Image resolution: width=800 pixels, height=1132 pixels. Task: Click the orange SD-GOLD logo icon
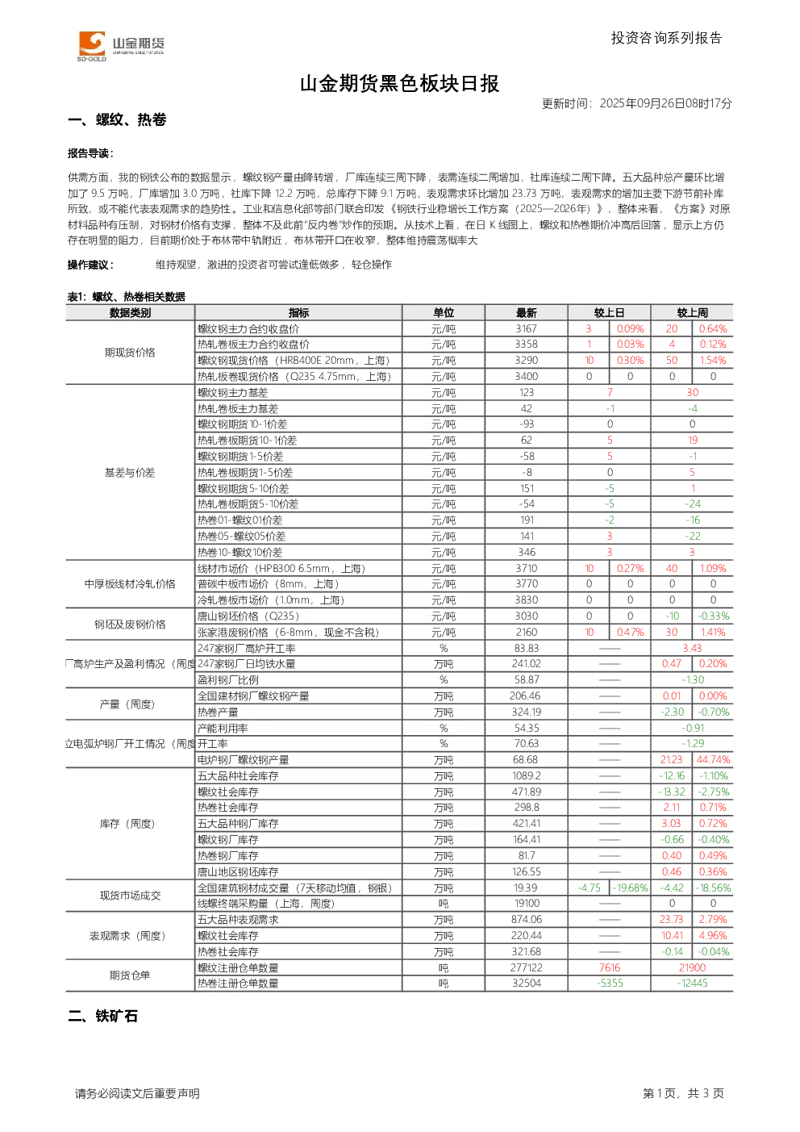92,44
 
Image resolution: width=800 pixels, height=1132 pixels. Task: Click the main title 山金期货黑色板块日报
399,84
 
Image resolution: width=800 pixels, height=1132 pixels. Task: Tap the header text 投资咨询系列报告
666,38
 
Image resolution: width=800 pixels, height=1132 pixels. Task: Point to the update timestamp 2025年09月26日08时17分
665,103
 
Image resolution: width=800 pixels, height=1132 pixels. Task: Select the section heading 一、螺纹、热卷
117,119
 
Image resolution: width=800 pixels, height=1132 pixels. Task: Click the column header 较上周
692,313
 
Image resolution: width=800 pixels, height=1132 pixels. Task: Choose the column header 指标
298,313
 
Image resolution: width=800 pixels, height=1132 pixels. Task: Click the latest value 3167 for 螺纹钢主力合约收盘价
526,329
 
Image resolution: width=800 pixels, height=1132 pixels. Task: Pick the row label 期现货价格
130,353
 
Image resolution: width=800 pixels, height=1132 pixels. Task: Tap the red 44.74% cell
713,759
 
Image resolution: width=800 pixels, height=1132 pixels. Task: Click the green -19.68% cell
630,888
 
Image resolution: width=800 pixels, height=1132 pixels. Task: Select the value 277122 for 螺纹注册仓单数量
526,967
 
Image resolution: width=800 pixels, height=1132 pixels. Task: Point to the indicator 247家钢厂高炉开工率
247,649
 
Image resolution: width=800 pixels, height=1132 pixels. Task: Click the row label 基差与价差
130,473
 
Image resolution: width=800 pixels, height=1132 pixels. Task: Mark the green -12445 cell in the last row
692,983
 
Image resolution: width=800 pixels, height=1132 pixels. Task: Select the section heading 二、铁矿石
102,1017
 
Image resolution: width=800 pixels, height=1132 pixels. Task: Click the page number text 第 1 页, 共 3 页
683,1093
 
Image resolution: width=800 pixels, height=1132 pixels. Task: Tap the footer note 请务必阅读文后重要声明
137,1093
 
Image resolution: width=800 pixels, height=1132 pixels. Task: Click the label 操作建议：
91,265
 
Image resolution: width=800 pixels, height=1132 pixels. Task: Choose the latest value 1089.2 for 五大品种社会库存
526,775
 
